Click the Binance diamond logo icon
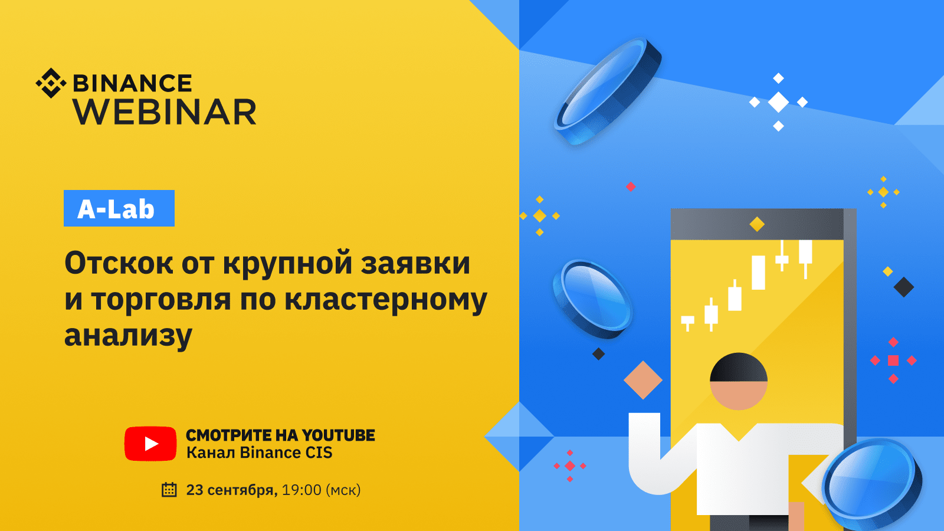[x=51, y=83]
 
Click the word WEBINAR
[x=165, y=112]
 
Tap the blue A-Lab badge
[x=119, y=208]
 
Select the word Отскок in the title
[x=119, y=263]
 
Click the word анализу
[x=128, y=336]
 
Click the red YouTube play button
[x=150, y=444]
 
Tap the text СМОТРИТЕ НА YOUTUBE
[x=280, y=435]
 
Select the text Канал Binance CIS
[x=259, y=453]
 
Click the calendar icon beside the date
[x=169, y=490]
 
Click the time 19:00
[x=301, y=490]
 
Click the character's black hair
[x=739, y=366]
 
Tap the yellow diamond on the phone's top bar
[x=757, y=224]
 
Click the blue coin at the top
[x=608, y=91]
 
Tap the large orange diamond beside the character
[x=643, y=380]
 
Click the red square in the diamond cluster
[x=893, y=360]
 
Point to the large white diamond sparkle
[x=778, y=102]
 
